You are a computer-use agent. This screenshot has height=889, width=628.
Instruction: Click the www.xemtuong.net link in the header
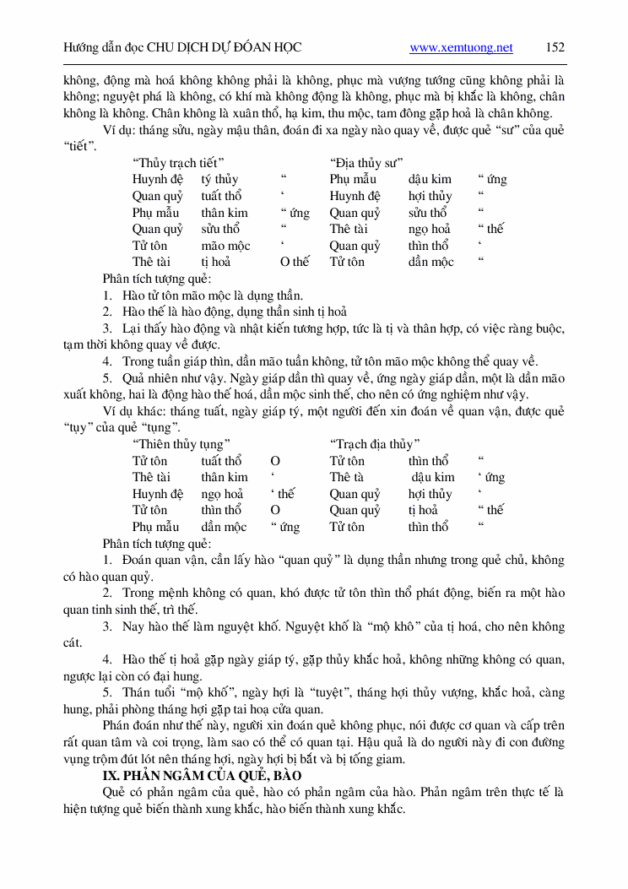(461, 48)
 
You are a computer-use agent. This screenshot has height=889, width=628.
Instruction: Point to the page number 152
(555, 47)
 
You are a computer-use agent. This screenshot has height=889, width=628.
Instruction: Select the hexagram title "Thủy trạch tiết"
(178, 162)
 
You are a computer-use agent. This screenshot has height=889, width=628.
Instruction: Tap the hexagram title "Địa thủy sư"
(366, 162)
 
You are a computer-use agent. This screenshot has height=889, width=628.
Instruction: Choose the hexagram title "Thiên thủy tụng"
(181, 444)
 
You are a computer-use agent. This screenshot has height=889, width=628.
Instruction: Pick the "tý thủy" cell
(219, 179)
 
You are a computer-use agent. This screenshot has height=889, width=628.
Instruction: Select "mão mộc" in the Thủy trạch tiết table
(225, 246)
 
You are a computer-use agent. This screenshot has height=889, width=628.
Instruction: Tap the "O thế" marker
(295, 262)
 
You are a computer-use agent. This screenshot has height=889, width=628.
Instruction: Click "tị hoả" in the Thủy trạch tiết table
(216, 262)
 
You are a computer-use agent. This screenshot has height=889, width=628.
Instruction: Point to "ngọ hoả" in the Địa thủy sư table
(430, 229)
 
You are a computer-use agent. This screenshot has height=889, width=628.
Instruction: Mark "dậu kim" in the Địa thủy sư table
(430, 179)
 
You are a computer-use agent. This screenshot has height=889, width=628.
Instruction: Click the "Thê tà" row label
(346, 477)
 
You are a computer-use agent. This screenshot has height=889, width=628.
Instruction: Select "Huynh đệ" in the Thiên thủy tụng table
(158, 494)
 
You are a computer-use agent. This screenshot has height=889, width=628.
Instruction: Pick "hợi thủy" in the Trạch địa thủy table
(430, 494)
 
